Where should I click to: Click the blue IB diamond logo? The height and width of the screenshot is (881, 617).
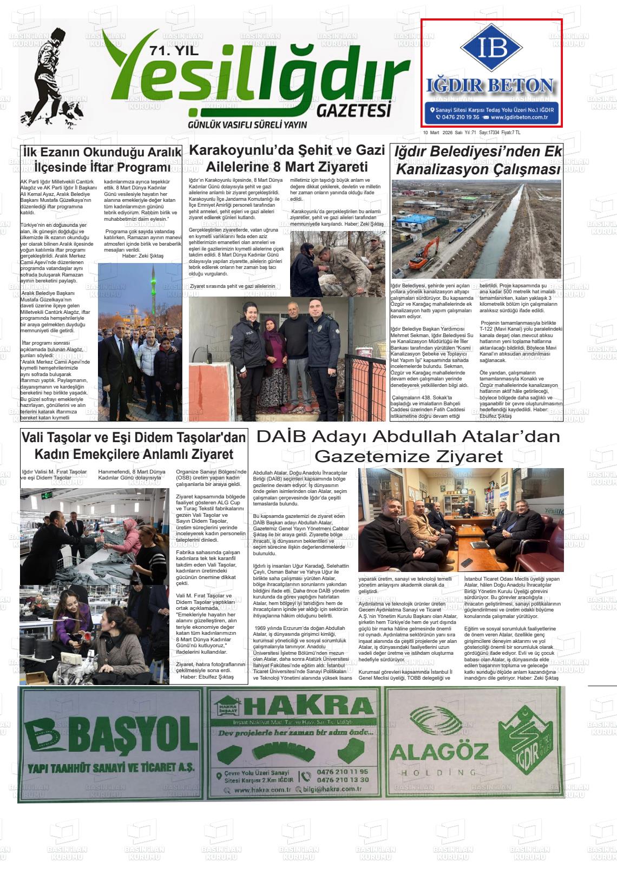point(491,48)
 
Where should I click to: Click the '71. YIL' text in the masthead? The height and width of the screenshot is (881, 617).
point(174,52)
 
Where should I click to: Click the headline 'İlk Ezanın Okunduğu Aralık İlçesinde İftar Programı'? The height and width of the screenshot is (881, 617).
point(102,160)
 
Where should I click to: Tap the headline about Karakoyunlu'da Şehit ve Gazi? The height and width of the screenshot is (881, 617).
point(287,158)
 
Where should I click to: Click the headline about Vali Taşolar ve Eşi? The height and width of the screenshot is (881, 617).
point(134,445)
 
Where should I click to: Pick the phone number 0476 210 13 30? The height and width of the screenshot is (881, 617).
point(343,780)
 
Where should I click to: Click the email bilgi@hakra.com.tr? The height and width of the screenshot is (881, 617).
point(332,790)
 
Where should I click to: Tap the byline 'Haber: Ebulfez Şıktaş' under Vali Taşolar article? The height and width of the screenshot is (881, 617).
point(207,676)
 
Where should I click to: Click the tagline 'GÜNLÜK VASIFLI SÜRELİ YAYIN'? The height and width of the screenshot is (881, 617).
point(247,125)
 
